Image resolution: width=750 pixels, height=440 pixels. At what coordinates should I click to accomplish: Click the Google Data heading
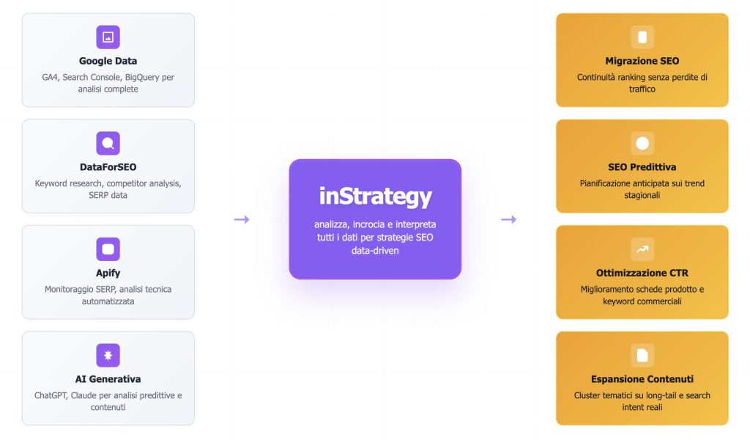(x=108, y=61)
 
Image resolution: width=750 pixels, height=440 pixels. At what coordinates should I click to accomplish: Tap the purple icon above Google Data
(x=108, y=37)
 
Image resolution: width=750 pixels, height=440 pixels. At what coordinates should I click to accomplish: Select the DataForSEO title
(x=108, y=167)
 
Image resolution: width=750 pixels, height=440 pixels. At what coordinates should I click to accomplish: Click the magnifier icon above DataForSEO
(x=108, y=143)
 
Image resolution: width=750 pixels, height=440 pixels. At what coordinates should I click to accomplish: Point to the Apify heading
(x=108, y=273)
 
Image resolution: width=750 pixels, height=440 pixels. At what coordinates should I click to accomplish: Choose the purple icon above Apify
(x=108, y=249)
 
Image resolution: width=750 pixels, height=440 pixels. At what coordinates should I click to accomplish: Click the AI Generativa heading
(x=108, y=379)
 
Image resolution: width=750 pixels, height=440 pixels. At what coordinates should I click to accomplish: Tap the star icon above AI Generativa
(x=108, y=356)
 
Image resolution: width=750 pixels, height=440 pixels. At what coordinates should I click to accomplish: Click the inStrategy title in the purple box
(x=375, y=197)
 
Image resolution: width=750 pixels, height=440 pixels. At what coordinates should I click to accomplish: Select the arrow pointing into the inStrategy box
(x=242, y=219)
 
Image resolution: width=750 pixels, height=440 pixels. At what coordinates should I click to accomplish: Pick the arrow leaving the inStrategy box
(x=508, y=219)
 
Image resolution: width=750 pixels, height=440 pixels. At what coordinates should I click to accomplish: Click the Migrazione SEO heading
(x=642, y=61)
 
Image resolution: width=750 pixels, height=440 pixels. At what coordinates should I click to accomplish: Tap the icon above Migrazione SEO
(x=642, y=37)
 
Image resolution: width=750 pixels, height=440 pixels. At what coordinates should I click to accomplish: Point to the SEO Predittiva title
(x=642, y=167)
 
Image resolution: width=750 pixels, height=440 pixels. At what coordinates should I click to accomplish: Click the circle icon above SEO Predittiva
(x=642, y=143)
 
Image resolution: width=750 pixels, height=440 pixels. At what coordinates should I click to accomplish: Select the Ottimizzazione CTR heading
(x=642, y=273)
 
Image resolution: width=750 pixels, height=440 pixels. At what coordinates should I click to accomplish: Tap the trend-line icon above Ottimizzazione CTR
(x=642, y=249)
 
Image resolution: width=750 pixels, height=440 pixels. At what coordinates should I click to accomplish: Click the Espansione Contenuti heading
(x=642, y=379)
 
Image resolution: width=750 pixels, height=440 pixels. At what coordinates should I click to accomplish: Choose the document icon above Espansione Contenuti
(x=642, y=356)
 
